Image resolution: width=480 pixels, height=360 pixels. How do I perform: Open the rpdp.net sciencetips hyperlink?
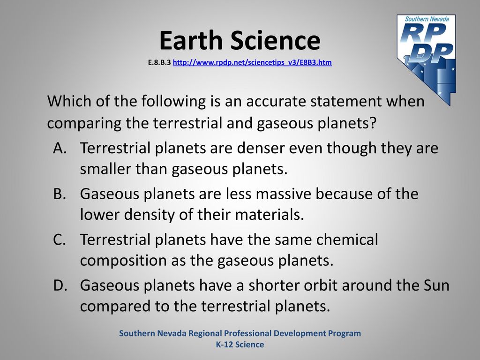252,62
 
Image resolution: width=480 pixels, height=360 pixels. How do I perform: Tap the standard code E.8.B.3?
159,62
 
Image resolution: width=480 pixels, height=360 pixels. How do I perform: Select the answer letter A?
60,148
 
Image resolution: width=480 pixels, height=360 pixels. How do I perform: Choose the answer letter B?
60,194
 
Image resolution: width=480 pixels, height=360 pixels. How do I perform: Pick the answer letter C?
60,240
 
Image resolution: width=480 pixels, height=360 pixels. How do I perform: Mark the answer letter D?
60,285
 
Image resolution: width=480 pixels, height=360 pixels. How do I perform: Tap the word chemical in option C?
347,240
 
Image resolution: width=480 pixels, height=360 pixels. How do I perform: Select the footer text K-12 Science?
240,345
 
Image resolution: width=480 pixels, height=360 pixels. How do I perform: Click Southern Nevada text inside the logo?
427,19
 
